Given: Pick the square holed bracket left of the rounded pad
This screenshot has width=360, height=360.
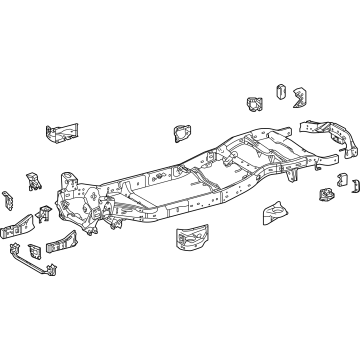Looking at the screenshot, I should tap(252, 105).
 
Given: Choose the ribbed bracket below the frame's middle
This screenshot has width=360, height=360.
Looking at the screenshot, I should tap(193, 266).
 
